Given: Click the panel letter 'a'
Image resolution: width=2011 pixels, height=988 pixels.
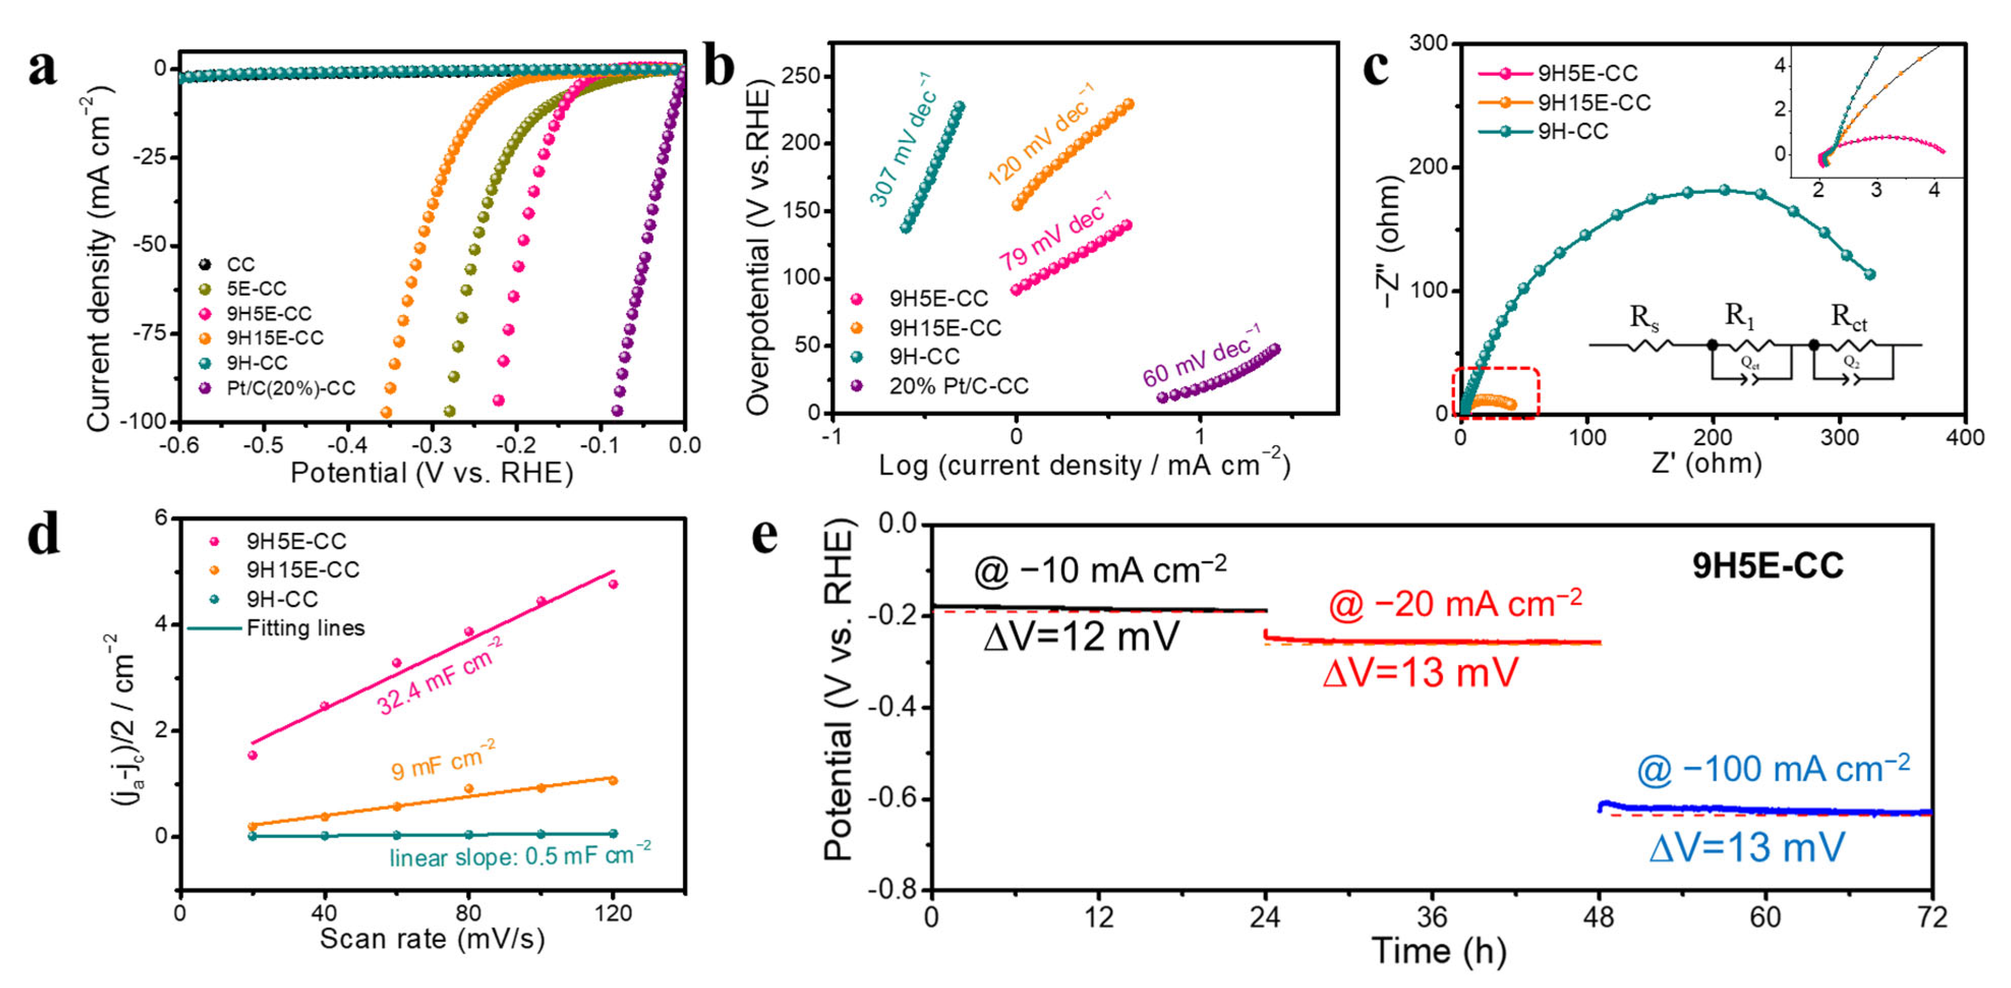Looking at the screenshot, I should tap(42, 69).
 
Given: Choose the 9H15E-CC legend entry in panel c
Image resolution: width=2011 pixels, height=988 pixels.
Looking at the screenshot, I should tap(1593, 102).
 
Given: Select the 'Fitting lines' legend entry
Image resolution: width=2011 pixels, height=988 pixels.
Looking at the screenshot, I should tap(305, 628).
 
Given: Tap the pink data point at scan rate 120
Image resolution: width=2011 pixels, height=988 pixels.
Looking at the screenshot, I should tap(613, 584).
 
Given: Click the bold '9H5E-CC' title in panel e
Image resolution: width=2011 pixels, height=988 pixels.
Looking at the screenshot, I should tap(1767, 565).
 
